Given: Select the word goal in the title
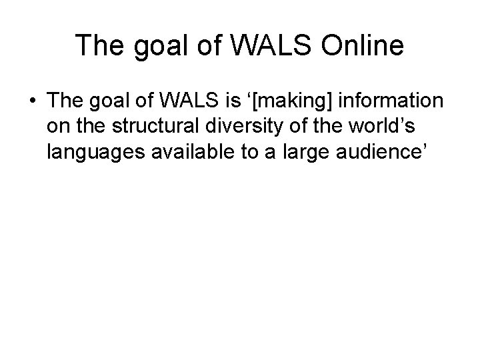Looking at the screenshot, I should [x=155, y=46].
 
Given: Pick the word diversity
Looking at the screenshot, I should [x=236, y=126].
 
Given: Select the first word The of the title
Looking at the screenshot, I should [x=97, y=46].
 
